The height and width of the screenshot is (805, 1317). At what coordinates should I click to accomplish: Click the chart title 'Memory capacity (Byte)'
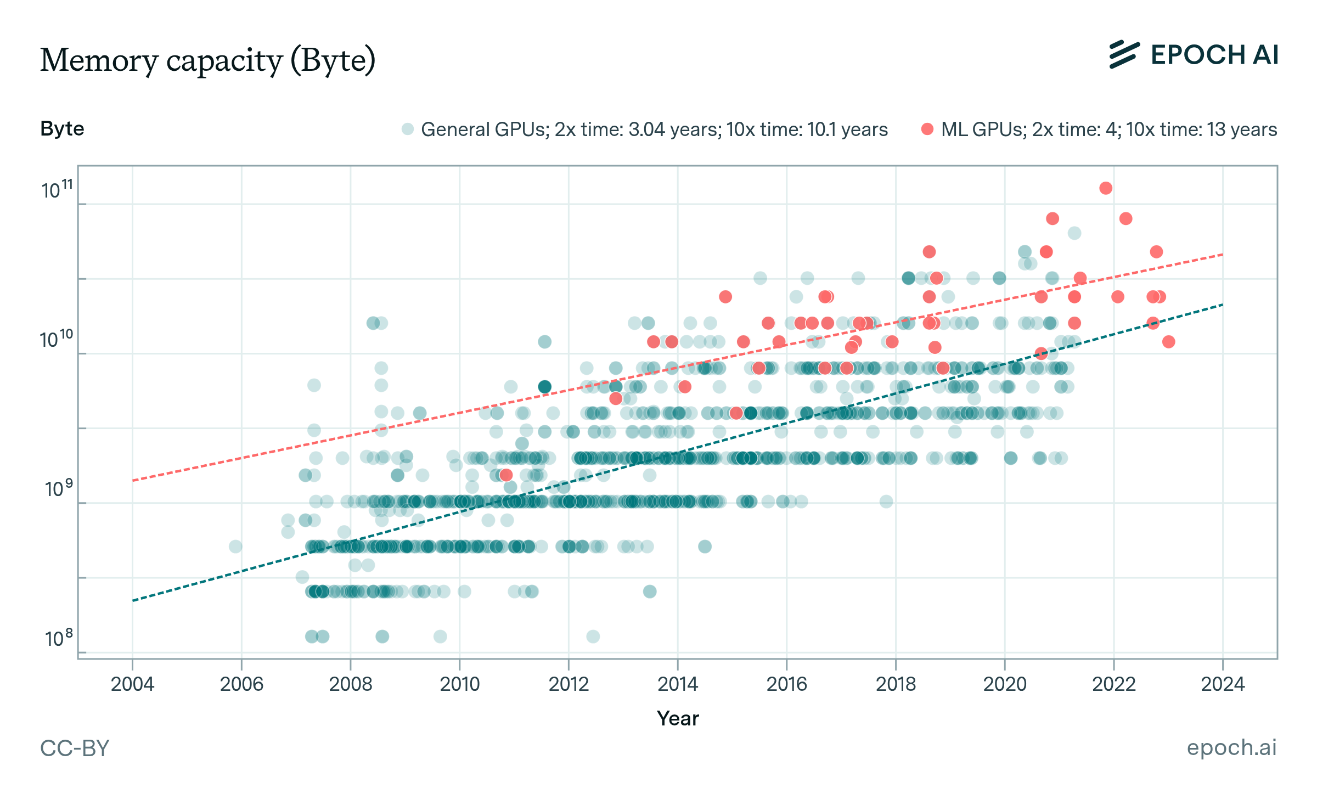pos(207,60)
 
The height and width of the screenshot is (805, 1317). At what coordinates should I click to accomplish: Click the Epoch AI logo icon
pos(1124,55)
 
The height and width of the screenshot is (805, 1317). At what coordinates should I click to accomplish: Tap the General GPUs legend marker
pos(407,129)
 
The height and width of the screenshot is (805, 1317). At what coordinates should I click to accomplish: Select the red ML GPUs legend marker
pos(927,129)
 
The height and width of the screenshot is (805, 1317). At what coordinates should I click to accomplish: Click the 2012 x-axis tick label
pos(569,684)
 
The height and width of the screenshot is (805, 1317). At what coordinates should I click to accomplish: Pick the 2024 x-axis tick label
pos(1223,684)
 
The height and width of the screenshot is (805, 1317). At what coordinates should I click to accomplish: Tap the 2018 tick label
pos(896,684)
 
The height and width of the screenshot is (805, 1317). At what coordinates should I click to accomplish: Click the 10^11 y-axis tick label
pos(57,190)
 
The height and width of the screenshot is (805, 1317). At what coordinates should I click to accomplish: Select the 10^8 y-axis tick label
pos(58,638)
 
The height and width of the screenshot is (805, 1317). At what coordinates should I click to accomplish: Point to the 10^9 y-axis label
pos(58,488)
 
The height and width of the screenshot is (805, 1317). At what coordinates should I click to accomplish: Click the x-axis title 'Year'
pos(678,718)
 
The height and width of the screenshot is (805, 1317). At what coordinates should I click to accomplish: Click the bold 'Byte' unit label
pos(62,128)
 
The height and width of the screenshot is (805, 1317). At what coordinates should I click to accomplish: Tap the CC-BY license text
pos(75,748)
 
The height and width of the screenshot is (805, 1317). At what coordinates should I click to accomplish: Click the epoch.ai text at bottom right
pos(1231,747)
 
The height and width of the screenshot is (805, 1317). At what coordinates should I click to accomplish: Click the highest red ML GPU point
pos(1106,188)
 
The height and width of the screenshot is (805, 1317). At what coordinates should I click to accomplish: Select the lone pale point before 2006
pos(235,546)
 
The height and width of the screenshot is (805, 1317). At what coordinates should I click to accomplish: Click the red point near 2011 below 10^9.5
pos(506,475)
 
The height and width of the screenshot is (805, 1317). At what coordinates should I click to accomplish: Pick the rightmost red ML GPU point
pos(1168,342)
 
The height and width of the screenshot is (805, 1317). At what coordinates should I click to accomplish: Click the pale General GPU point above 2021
pos(1074,233)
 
